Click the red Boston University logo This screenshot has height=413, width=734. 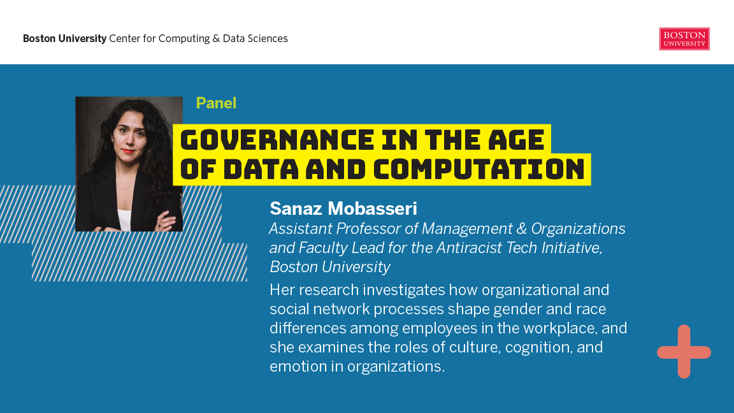(684, 39)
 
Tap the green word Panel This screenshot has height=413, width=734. (216, 103)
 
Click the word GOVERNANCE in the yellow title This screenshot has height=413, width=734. (277, 140)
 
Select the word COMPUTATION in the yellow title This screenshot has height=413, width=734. (479, 169)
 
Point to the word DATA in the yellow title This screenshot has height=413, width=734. (261, 169)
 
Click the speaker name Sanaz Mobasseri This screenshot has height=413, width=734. (343, 208)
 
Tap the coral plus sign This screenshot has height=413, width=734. (684, 352)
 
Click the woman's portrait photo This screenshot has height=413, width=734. (129, 164)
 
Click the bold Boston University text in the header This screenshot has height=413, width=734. (64, 38)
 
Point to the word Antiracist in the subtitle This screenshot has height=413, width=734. (500, 248)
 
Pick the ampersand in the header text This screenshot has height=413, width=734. (216, 38)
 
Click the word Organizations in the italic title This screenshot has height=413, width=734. (578, 229)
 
